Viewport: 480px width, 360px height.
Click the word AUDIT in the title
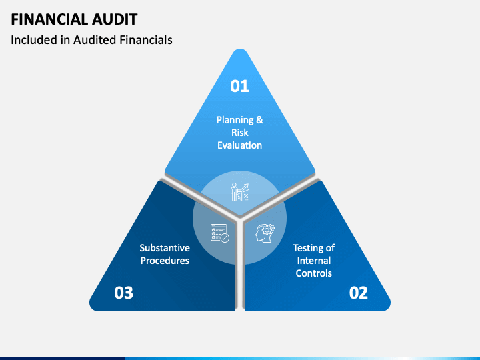click(x=115, y=19)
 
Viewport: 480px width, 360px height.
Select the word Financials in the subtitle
click(x=146, y=40)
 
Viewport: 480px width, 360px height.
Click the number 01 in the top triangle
click(x=240, y=86)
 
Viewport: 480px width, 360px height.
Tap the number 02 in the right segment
click(x=359, y=293)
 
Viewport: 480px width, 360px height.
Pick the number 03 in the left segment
click(x=124, y=293)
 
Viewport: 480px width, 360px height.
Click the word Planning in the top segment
click(x=235, y=120)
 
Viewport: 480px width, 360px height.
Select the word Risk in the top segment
click(x=240, y=133)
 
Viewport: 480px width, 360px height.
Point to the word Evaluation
click(x=240, y=145)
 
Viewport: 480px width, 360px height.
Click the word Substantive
click(x=165, y=247)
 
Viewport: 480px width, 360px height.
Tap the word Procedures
click(x=165, y=261)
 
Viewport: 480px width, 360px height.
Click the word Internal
click(x=314, y=261)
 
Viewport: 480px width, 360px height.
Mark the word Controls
click(x=314, y=273)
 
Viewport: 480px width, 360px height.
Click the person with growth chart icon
click(x=240, y=192)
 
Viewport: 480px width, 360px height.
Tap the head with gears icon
click(x=265, y=233)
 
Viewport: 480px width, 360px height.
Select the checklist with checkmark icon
click(x=220, y=233)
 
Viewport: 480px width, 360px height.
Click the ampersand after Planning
click(x=259, y=120)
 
